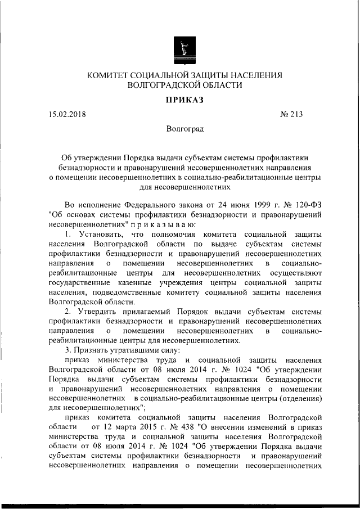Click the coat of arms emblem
[183, 48]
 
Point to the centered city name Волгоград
[184, 129]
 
